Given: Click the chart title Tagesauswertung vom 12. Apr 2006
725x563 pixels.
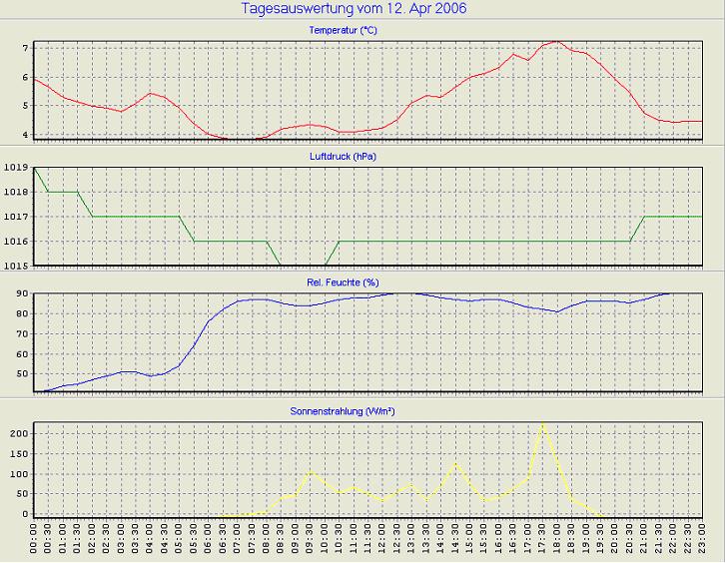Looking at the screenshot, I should [354, 9].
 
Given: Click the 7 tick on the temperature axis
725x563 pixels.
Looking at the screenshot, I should [24, 48].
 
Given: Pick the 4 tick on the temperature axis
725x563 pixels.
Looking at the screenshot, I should [24, 135].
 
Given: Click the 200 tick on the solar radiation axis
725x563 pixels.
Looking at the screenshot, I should [17, 435].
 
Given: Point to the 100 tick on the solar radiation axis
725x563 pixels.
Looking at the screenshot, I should [17, 474].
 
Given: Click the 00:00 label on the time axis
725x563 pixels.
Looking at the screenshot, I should [34, 542].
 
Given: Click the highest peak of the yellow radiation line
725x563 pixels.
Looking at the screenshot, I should [542, 423].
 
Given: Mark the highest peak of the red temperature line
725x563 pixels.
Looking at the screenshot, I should [557, 42].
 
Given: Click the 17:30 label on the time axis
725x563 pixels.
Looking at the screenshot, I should [542, 542].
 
